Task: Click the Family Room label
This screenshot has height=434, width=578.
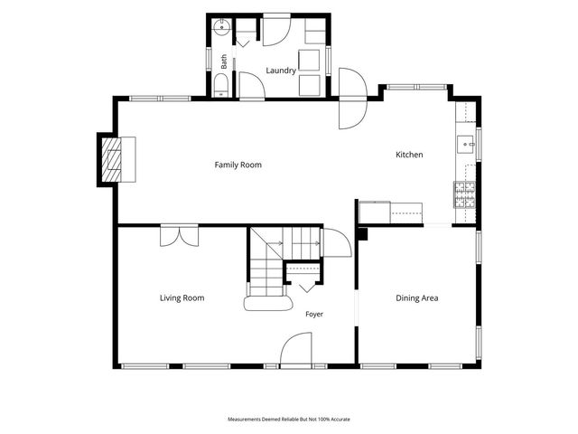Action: point(238,165)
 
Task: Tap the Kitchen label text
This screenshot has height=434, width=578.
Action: point(409,155)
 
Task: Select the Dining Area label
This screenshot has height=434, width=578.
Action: point(417,298)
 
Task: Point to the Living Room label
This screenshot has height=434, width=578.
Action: point(182,298)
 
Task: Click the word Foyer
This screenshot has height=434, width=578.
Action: point(314,314)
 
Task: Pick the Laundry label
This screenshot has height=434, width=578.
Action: point(281,71)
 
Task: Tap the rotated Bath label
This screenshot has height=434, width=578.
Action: point(224,61)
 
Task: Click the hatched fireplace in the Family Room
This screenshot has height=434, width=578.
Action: point(111,159)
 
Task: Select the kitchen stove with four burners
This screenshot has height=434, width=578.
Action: point(465,194)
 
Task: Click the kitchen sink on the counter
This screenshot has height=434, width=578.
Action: point(466,145)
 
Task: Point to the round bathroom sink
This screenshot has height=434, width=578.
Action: point(222,27)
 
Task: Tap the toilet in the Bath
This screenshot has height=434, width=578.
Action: point(221,85)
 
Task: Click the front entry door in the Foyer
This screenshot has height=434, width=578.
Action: point(296,349)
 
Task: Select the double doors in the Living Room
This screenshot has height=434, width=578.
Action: point(180,235)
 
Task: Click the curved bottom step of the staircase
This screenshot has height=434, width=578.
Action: point(268,304)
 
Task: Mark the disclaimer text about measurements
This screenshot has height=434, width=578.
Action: point(289,420)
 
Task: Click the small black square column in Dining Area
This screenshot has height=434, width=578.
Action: point(363,234)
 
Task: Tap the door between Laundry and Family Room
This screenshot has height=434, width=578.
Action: point(252,86)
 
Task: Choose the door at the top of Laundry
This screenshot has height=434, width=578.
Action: point(277,30)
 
